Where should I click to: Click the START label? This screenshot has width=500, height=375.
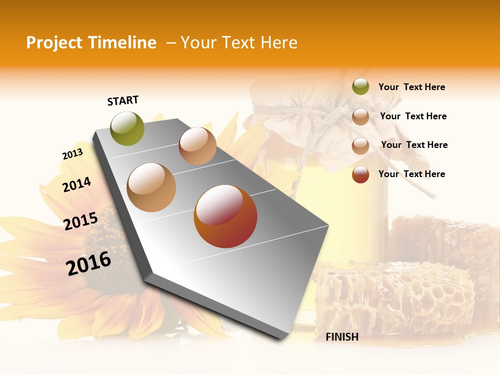pyautogui.click(x=123, y=101)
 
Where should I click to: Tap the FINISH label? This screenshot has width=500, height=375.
pyautogui.click(x=342, y=337)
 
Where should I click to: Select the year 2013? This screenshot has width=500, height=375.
pyautogui.click(x=72, y=154)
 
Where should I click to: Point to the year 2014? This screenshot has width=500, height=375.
pyautogui.click(x=77, y=184)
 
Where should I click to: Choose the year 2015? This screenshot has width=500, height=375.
pyautogui.click(x=81, y=221)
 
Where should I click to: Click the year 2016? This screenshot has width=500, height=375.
pyautogui.click(x=89, y=262)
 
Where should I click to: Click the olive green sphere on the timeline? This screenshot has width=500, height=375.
pyautogui.click(x=128, y=128)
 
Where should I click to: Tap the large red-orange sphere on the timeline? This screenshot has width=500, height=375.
pyautogui.click(x=226, y=216)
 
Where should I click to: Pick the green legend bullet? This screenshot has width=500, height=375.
pyautogui.click(x=360, y=87)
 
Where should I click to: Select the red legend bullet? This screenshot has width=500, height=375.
pyautogui.click(x=360, y=174)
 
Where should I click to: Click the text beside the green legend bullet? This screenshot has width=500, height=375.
pyautogui.click(x=411, y=87)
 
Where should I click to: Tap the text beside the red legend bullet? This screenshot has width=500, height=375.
pyautogui.click(x=411, y=174)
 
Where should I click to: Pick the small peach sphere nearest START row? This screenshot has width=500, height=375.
pyautogui.click(x=197, y=146)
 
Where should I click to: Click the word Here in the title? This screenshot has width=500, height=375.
pyautogui.click(x=279, y=43)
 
